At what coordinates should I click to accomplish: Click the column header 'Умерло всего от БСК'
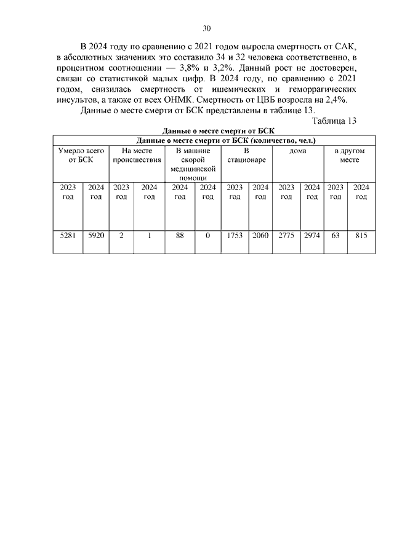(81, 154)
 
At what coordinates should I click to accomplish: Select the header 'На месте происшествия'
(137, 154)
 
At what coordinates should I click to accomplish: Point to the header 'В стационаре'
(246, 154)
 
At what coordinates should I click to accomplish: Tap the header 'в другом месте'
(349, 154)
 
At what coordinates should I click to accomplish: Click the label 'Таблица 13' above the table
(335, 121)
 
